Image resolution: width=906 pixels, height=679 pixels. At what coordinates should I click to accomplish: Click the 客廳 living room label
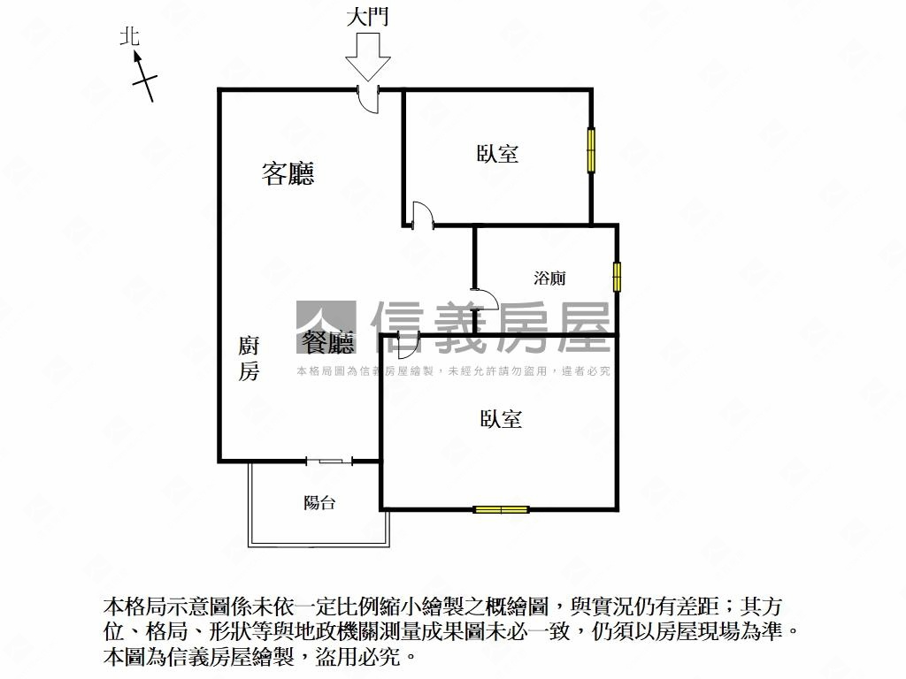click(x=288, y=173)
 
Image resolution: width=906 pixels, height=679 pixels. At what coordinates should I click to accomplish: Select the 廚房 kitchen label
click(x=249, y=358)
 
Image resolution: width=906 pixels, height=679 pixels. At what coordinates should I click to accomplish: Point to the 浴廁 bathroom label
click(x=549, y=278)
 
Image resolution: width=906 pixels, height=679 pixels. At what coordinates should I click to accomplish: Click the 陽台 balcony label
click(x=319, y=503)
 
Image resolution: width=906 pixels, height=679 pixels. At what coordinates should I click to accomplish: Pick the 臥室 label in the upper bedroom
click(x=497, y=153)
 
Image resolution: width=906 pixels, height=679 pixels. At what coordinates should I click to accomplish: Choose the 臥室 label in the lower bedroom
click(x=501, y=418)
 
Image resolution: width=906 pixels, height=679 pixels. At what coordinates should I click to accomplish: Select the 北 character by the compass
click(x=130, y=36)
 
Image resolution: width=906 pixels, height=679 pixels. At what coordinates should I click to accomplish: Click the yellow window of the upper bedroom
click(x=591, y=149)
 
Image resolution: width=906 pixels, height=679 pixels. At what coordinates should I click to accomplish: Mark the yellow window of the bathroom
click(x=617, y=277)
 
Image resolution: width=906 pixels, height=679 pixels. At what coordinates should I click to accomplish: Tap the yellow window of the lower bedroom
click(x=501, y=509)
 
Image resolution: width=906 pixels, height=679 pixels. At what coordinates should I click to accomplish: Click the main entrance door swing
click(x=370, y=98)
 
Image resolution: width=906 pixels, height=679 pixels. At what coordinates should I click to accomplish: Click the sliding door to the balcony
click(x=329, y=461)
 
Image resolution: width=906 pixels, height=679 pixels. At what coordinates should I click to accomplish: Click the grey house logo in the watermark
click(x=326, y=327)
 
